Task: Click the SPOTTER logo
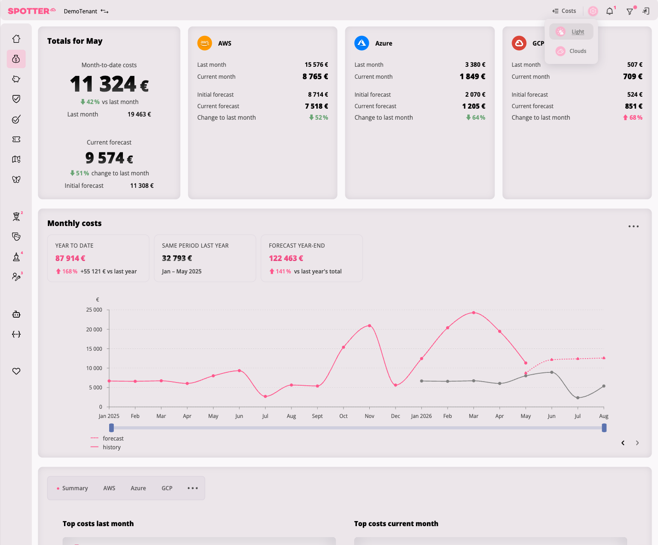(x=31, y=11)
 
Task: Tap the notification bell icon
(x=610, y=12)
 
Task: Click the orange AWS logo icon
(x=204, y=43)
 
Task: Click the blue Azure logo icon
(x=361, y=43)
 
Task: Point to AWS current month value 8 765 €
(x=315, y=76)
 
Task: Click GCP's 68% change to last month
(x=633, y=117)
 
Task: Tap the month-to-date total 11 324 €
(x=109, y=84)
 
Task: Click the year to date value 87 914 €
(x=70, y=258)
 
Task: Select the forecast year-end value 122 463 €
(x=286, y=258)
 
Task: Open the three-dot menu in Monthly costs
(x=634, y=226)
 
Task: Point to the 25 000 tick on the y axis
(x=94, y=310)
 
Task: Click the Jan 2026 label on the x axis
(x=421, y=416)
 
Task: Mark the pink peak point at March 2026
(x=474, y=313)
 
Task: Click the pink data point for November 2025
(x=369, y=326)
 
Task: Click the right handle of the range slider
(x=604, y=428)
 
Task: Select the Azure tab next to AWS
(x=138, y=488)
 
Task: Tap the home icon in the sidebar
(x=17, y=39)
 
